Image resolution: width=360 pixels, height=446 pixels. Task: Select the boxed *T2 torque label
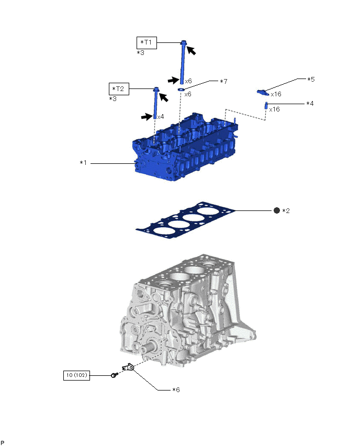coord(118,88)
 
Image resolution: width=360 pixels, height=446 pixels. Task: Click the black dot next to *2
coord(277,210)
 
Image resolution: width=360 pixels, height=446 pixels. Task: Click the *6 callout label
coord(177,390)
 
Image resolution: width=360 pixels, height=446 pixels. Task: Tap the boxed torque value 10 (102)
coord(76,375)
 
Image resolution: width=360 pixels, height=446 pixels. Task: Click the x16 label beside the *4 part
coord(275,109)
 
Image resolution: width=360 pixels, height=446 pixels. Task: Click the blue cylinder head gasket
coord(183,222)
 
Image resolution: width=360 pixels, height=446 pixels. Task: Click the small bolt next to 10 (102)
coord(114,375)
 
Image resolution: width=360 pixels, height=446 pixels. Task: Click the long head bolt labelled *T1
coord(184,63)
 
